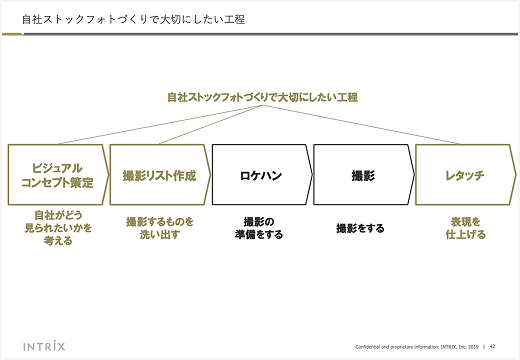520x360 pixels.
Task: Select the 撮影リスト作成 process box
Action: pyautogui.click(x=159, y=175)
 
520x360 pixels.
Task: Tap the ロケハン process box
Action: pyautogui.click(x=261, y=175)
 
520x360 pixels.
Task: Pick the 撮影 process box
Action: pyautogui.click(x=363, y=175)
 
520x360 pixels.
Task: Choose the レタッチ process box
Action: pyautogui.click(x=465, y=175)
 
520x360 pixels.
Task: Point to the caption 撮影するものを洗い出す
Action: pyautogui.click(x=159, y=228)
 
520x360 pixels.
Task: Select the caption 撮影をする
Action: pyautogui.click(x=360, y=228)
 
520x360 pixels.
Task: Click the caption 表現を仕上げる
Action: pyautogui.click(x=465, y=228)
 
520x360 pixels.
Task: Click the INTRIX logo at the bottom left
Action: pyautogui.click(x=41, y=346)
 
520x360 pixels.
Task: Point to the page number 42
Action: pyautogui.click(x=493, y=346)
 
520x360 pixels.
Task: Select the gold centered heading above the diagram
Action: pyautogui.click(x=262, y=97)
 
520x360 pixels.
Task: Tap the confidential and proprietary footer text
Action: pyautogui.click(x=417, y=346)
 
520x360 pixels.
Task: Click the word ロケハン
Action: pyautogui.click(x=261, y=176)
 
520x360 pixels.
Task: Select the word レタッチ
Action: pyautogui.click(x=464, y=176)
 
